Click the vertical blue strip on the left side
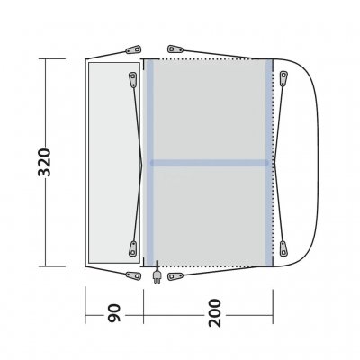point(150,162)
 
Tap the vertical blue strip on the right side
point(269,162)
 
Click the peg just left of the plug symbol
point(134,278)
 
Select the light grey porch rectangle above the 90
point(114,162)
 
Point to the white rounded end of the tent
point(297,162)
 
